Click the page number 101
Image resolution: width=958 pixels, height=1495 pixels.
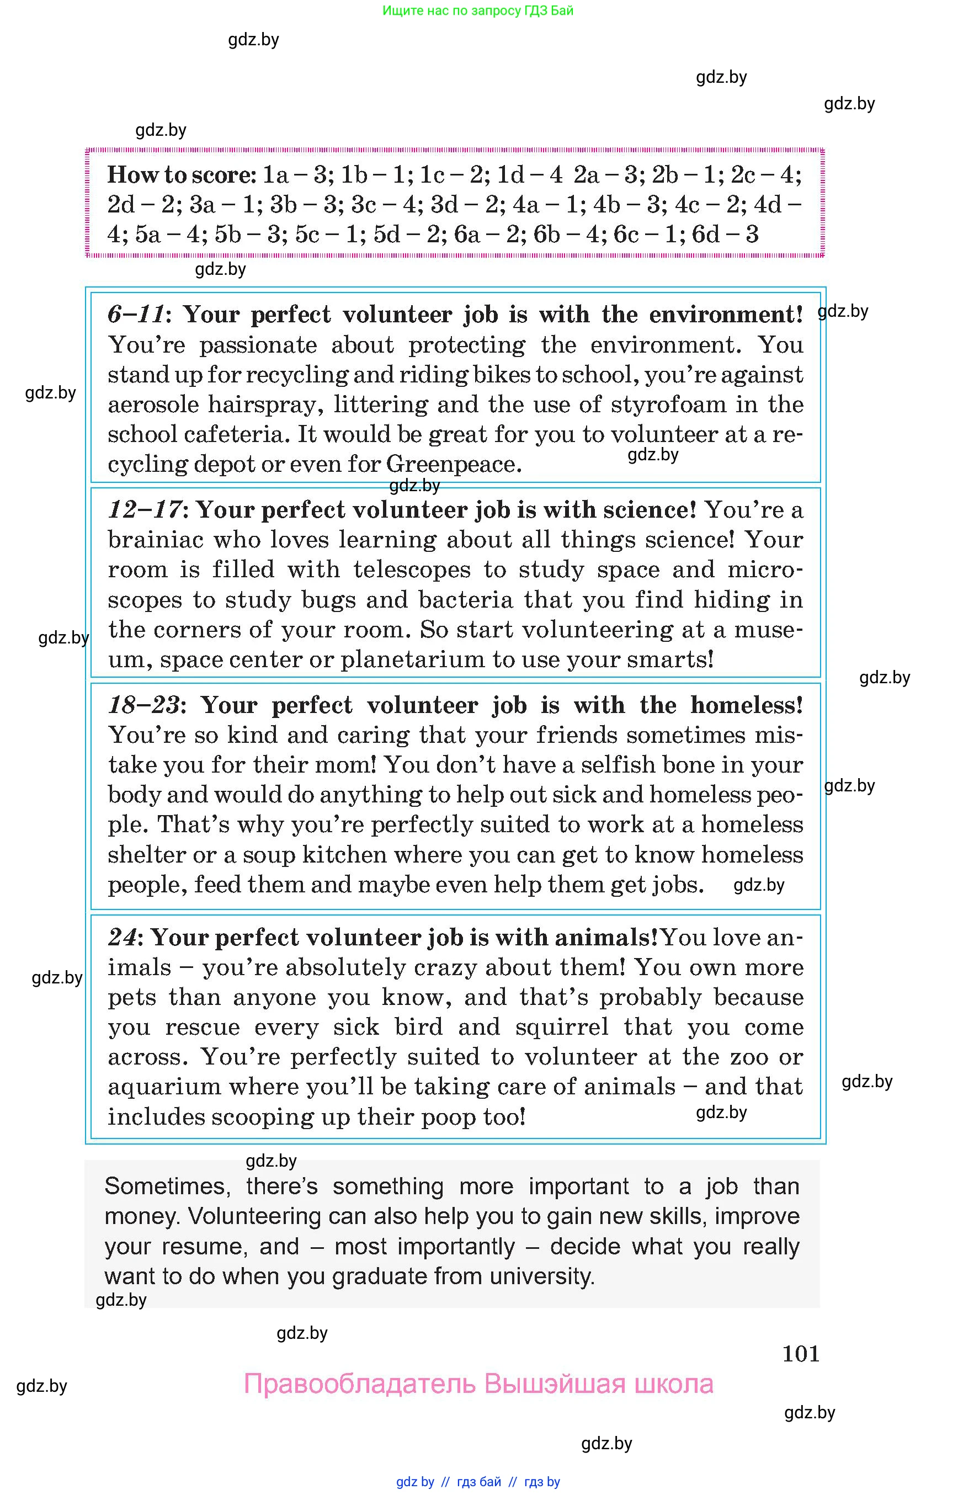pos(801,1354)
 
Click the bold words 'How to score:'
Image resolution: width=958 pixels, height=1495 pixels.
pos(181,175)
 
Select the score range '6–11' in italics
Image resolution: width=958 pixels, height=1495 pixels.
pos(136,314)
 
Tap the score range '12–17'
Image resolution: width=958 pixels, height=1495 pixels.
pos(145,509)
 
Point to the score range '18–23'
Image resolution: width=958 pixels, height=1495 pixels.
pos(145,705)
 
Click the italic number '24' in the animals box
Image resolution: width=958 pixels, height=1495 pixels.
pos(122,937)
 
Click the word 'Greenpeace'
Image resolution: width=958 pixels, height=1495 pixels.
pos(453,464)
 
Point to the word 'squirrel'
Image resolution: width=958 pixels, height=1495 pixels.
pos(562,1026)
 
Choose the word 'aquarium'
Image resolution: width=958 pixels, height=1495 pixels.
pos(163,1086)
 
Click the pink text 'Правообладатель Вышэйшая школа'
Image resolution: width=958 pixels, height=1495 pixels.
pos(478,1384)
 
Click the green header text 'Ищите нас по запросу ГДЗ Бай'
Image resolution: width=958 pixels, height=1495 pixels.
pos(478,10)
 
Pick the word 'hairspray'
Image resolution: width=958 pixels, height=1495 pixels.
pos(265,405)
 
